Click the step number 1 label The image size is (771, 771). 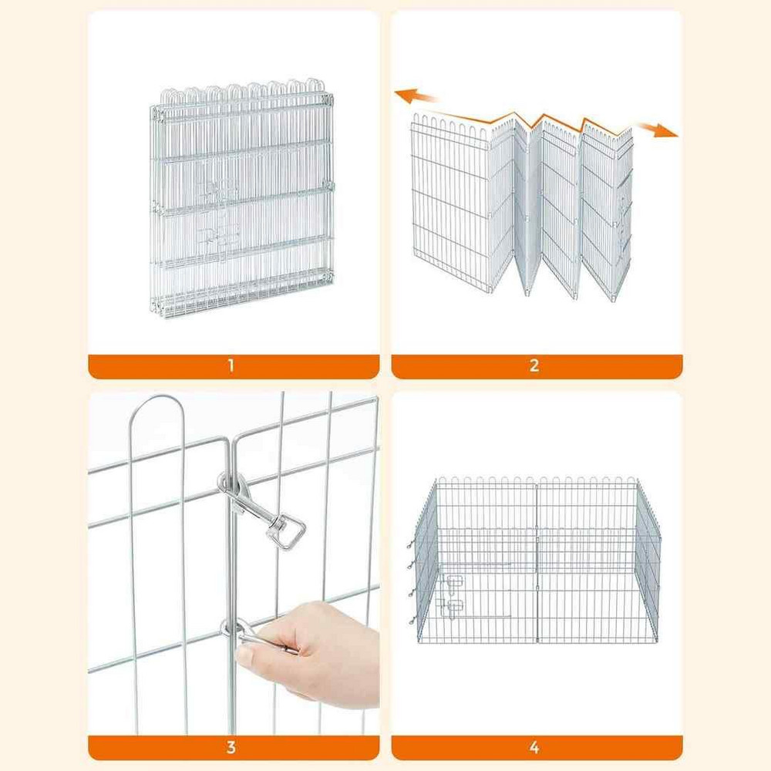[x=231, y=365]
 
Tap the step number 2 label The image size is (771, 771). [x=534, y=365]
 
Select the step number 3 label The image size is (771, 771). [x=231, y=748]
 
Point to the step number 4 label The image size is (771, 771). [x=534, y=748]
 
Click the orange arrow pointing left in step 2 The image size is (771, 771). [x=416, y=96]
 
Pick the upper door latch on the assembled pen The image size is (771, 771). [x=453, y=581]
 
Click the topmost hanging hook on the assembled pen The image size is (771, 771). [x=410, y=545]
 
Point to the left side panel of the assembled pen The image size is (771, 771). [x=426, y=561]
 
